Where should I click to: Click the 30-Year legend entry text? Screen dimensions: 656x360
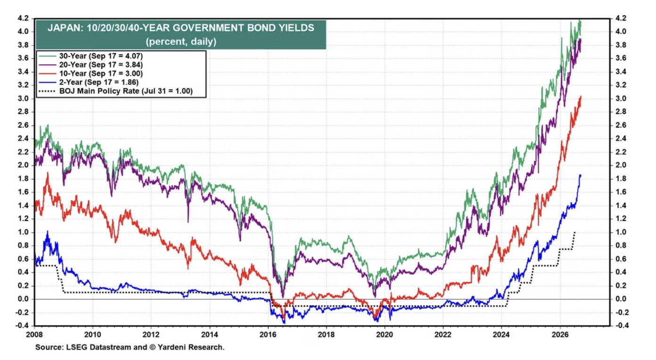[101, 56]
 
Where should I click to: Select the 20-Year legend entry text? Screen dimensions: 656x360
[101, 65]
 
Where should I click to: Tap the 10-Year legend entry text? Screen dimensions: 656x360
[101, 73]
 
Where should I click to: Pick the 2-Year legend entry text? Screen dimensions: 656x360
[98, 82]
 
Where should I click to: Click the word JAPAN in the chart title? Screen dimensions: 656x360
[65, 28]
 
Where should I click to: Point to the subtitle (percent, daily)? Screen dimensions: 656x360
[181, 41]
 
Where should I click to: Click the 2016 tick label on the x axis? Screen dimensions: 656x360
[268, 335]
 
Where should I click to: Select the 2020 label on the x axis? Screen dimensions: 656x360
[385, 335]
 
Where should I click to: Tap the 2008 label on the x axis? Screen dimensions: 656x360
[34, 335]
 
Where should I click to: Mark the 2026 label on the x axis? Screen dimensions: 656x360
[560, 335]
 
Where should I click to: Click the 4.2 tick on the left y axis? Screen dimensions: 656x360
[23, 18]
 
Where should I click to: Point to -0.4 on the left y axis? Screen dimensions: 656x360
[22, 326]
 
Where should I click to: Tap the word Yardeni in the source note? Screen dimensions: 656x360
[171, 347]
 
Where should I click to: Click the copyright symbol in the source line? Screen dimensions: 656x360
[153, 347]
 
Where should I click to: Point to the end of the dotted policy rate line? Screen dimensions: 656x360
[575, 232]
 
